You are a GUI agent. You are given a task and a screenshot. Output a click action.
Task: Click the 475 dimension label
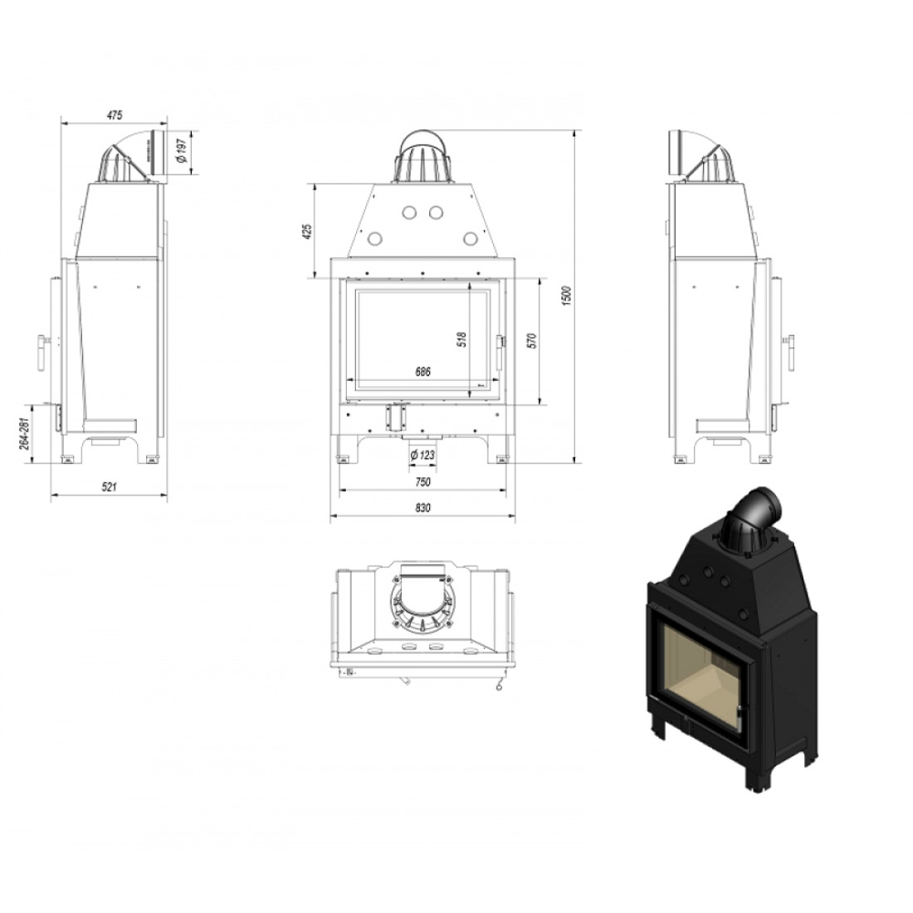point(115,115)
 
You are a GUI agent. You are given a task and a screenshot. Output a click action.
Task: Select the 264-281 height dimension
point(24,434)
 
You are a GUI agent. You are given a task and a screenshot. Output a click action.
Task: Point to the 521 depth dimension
point(109,486)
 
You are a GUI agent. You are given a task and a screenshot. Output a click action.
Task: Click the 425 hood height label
point(308,232)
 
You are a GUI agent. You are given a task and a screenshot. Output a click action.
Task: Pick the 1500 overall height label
point(569,296)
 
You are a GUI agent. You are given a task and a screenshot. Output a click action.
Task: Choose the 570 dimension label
point(530,340)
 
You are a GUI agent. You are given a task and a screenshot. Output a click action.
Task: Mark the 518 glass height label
point(461,339)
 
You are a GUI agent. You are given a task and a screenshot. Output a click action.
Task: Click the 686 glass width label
point(423,372)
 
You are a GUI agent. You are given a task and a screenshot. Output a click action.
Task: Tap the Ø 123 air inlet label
point(422,455)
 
